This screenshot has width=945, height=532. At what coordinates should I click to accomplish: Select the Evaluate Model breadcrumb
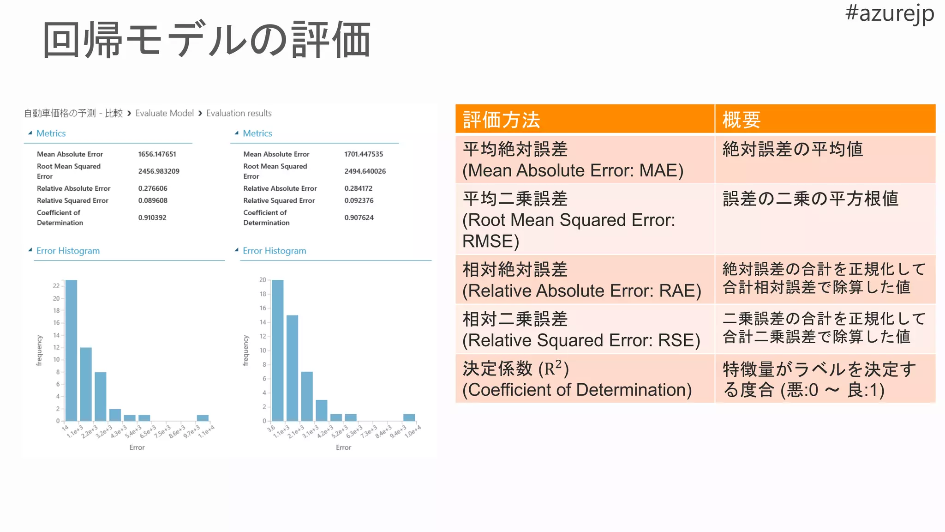164,113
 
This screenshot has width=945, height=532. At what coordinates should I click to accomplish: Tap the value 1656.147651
157,154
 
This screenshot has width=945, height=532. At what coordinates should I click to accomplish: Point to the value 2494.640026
365,171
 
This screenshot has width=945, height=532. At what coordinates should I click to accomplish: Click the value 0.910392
152,218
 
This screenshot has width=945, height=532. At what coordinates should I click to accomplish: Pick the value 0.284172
358,188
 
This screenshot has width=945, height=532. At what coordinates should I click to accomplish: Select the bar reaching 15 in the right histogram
292,368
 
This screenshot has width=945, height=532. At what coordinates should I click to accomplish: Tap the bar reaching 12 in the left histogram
86,384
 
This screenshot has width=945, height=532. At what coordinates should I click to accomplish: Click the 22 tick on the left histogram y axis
56,286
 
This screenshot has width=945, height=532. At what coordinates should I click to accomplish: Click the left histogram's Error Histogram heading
68,251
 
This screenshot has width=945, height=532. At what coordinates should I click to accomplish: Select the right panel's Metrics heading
257,133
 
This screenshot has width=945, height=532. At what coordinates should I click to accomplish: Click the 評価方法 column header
501,120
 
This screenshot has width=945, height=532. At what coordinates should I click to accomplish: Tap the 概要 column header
741,120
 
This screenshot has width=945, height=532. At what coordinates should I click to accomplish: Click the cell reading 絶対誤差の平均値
792,150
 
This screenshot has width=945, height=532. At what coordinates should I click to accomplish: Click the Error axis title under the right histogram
343,447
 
